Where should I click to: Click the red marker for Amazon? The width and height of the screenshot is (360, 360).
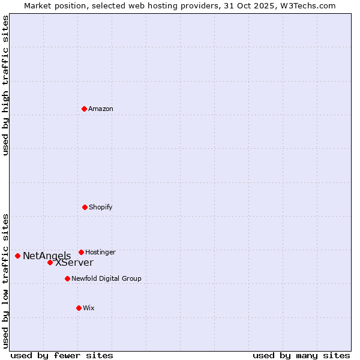click(x=84, y=109)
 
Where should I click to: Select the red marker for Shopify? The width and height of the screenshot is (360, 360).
click(x=85, y=207)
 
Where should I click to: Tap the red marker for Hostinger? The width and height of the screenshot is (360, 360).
click(x=81, y=252)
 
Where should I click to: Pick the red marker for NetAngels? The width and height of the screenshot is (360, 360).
click(x=17, y=256)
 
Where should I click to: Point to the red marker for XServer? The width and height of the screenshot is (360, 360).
click(x=50, y=262)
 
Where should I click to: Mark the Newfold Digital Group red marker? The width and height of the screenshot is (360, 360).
click(x=67, y=278)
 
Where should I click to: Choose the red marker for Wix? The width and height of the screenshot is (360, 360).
click(x=79, y=308)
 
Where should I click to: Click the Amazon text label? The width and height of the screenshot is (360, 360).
click(x=101, y=109)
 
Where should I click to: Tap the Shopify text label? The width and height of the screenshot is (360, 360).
click(x=101, y=208)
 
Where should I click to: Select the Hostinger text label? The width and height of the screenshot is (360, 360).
click(x=100, y=253)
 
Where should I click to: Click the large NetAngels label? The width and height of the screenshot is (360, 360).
click(x=47, y=256)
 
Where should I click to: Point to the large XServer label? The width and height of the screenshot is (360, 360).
click(x=74, y=263)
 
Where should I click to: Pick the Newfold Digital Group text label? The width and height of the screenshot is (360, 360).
click(x=106, y=279)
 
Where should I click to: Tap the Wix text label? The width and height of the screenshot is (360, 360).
click(x=89, y=308)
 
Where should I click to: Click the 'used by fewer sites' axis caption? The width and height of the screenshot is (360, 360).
click(x=62, y=356)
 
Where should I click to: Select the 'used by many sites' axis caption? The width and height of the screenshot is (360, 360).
click(x=301, y=356)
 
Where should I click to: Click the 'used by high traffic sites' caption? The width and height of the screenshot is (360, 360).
click(x=5, y=85)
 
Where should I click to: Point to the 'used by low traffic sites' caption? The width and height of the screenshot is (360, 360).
click(x=5, y=280)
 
